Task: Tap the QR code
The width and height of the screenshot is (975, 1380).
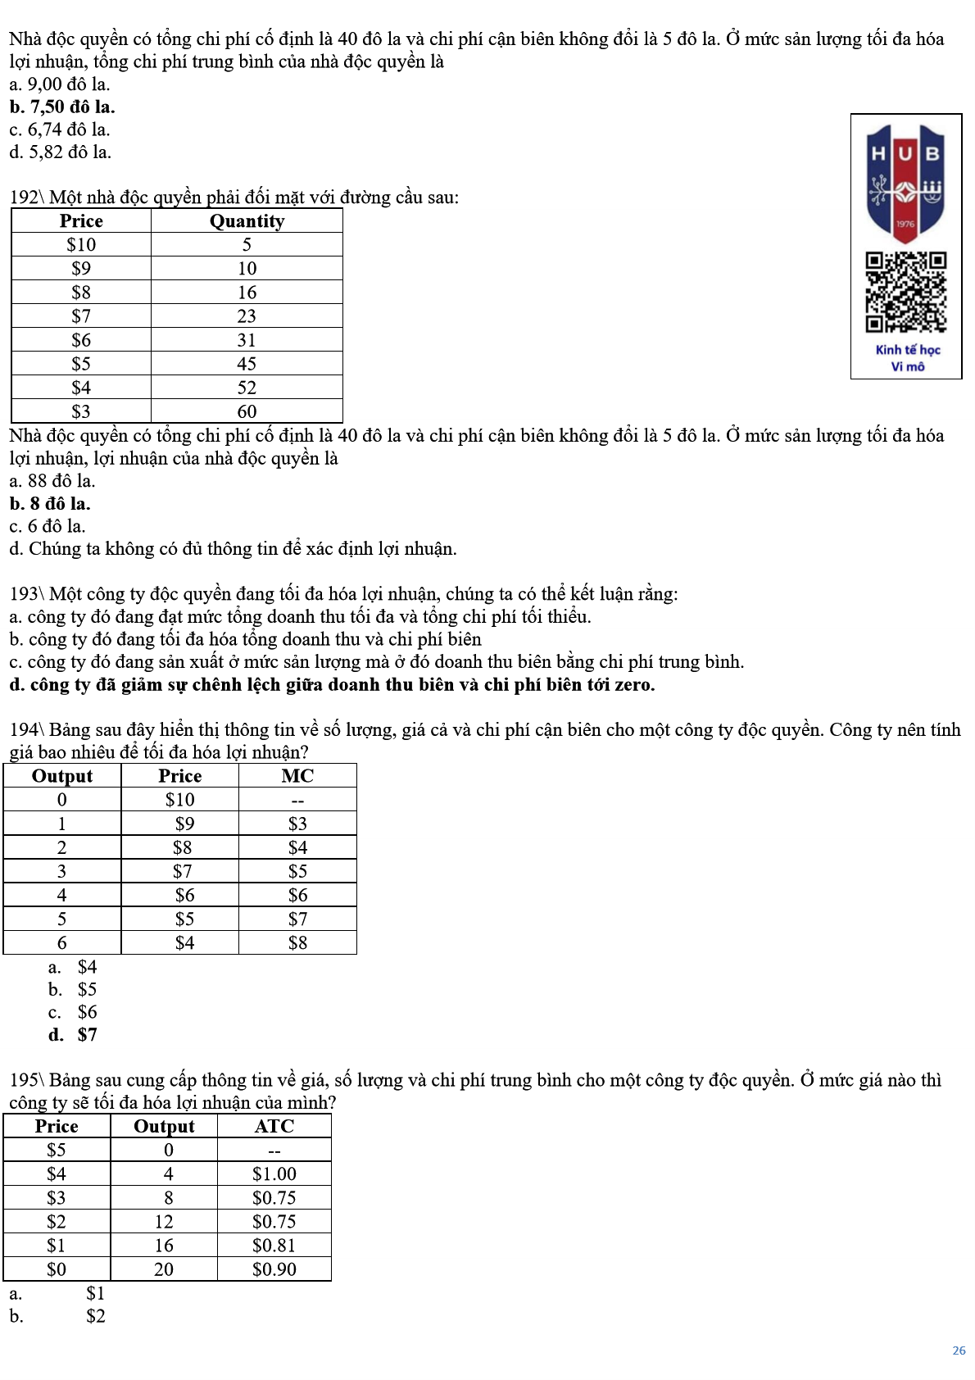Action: [905, 292]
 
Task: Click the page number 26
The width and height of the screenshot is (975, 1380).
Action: [959, 1350]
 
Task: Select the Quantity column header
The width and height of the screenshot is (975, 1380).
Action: [247, 221]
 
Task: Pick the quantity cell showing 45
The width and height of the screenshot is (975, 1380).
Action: [247, 364]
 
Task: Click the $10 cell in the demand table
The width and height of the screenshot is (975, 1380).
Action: [81, 245]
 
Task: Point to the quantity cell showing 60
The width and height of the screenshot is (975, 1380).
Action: [247, 411]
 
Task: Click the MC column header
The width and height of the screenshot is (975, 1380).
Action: [297, 776]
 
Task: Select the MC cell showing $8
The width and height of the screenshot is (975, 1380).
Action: [297, 943]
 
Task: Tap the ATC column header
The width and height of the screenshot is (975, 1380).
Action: [274, 1126]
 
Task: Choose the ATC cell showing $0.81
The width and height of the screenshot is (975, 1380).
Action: [274, 1246]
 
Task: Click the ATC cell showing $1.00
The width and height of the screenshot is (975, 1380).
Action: [274, 1174]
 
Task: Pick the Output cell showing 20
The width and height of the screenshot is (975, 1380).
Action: [164, 1269]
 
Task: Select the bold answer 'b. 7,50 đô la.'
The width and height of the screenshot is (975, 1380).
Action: [62, 107]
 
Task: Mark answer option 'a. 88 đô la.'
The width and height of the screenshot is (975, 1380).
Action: [52, 481]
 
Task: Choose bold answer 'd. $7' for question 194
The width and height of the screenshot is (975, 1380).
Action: [73, 1035]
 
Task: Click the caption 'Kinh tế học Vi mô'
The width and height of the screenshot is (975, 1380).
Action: [907, 358]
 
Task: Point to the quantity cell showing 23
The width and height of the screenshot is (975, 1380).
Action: [247, 316]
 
